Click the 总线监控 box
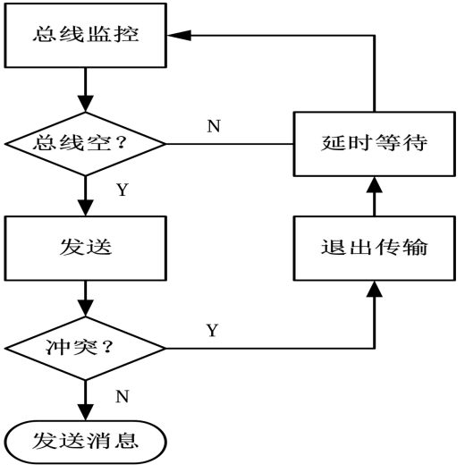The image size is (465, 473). pos(85,35)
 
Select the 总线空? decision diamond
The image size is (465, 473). pos(85,144)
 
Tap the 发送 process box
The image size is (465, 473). pos(85,248)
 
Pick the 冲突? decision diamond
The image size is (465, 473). pos(85,348)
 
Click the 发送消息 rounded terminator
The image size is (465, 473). pos(85,442)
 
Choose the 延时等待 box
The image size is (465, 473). pos(375,144)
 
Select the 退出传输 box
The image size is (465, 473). pos(375,248)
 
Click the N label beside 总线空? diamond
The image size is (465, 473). pos(214,126)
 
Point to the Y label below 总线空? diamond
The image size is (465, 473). pos(123,190)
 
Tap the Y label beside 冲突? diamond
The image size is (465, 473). pos(212,330)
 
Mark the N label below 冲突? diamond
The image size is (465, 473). pos(123,396)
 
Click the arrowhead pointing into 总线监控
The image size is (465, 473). pos(179,35)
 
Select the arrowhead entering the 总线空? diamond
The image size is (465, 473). pos(85,104)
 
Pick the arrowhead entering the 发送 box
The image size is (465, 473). pos(85,207)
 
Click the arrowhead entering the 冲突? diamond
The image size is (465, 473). pos(85,308)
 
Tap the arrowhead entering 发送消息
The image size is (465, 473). pos(85,412)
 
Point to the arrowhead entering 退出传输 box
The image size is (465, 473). pos(375,289)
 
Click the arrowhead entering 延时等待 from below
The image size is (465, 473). pos(375,184)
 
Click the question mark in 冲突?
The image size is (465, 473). pos(107,347)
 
